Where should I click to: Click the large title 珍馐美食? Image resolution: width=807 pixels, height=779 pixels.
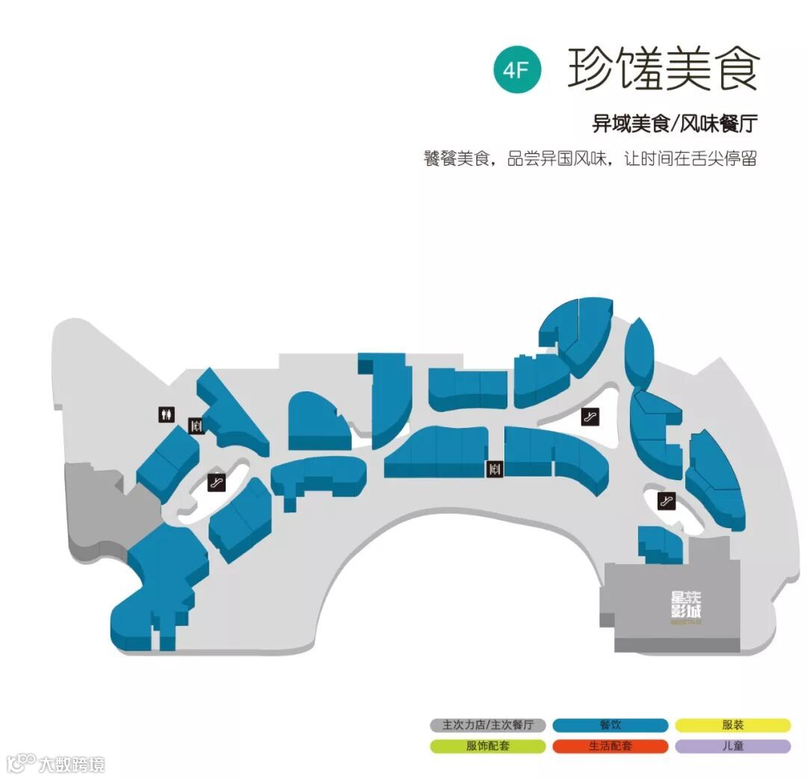pos(663,69)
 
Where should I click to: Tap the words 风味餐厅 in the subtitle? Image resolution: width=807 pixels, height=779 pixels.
pos(717,124)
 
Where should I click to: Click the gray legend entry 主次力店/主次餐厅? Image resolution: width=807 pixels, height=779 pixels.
pos(487,725)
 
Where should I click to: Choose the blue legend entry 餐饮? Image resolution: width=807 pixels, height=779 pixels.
pos(610,725)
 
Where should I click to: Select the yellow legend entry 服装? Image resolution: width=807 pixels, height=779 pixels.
pos(733,725)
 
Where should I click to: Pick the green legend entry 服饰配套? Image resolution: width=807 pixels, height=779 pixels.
pos(487,746)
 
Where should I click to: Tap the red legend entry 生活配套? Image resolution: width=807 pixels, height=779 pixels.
pos(610,746)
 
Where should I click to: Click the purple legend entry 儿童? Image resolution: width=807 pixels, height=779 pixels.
pos(733,746)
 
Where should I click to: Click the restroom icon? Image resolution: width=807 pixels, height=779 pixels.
pos(167,414)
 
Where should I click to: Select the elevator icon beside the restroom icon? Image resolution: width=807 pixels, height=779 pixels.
pos(197,426)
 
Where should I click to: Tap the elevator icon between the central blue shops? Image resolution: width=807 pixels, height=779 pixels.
pos(495,469)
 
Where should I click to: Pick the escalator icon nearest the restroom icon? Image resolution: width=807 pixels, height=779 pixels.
pos(217,482)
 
